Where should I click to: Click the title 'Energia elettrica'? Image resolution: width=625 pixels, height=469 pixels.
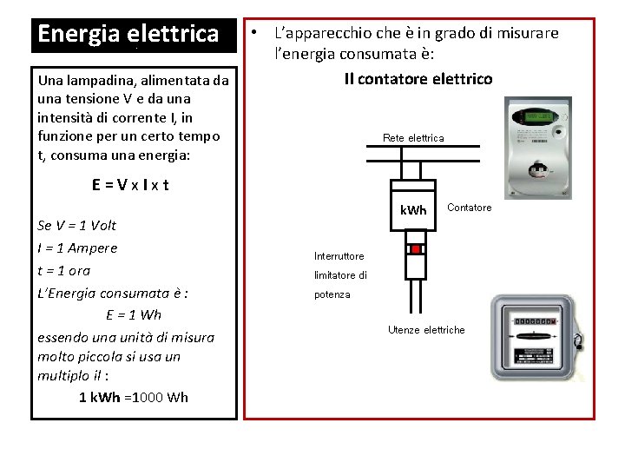[128, 35]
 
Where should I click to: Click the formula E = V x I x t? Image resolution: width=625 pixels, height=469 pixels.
[130, 184]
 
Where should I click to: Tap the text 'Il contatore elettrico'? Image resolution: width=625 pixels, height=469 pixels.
[418, 79]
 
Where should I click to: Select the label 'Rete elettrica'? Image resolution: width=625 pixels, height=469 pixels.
[413, 138]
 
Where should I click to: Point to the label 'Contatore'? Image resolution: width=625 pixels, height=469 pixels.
[469, 208]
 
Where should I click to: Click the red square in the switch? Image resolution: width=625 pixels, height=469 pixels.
[415, 249]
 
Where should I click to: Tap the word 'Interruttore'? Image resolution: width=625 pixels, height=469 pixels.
[339, 256]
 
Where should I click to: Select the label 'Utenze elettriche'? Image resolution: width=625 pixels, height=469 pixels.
[426, 330]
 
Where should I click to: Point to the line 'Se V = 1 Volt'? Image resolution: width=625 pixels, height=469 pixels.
[77, 226]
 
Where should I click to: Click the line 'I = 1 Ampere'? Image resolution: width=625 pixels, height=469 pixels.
[78, 248]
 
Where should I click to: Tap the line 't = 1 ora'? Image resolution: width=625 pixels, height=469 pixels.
[64, 270]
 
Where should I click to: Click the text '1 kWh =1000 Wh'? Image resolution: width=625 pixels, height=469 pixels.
[133, 397]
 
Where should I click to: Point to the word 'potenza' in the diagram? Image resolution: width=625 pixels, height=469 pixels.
[332, 294]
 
